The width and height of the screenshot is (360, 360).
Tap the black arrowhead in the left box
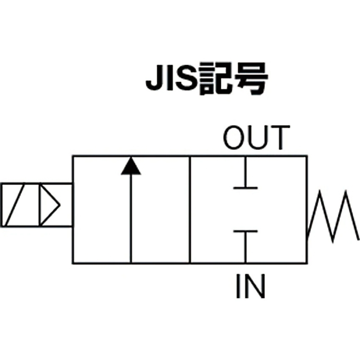131,166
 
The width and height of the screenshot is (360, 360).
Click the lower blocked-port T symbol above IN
245,240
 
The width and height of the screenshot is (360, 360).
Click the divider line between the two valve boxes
190,209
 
